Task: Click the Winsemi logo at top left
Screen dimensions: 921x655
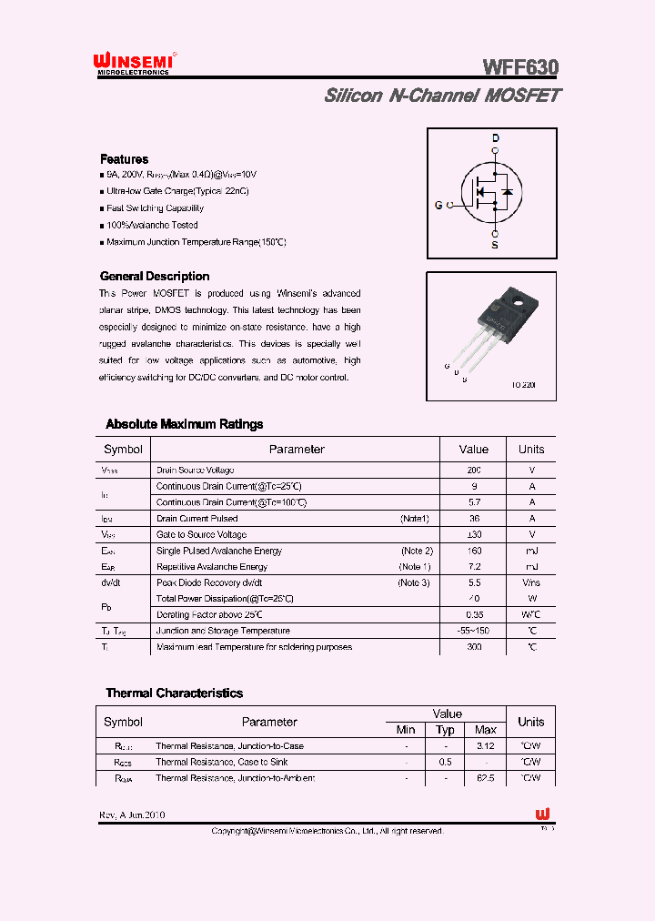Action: (x=133, y=63)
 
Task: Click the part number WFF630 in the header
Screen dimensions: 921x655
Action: (x=520, y=67)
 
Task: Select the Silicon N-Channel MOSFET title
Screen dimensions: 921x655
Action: (x=442, y=96)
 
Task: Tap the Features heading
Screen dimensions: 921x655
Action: (x=124, y=159)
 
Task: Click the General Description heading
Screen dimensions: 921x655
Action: (x=154, y=277)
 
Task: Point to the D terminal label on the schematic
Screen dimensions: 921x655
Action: (x=495, y=138)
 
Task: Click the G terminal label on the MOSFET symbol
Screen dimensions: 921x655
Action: (x=438, y=206)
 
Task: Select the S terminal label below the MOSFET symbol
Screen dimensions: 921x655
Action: (x=495, y=245)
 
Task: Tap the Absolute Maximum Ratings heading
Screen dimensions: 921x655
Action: (x=184, y=424)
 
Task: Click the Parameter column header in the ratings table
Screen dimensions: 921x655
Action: (x=296, y=450)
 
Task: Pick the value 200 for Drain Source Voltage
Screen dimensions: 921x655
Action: (x=473, y=471)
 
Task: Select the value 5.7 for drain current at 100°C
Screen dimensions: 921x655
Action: (x=473, y=502)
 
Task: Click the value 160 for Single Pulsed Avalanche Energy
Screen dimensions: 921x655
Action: (x=473, y=551)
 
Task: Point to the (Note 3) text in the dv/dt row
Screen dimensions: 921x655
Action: (x=414, y=582)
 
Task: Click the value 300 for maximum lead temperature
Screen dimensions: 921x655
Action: (x=473, y=647)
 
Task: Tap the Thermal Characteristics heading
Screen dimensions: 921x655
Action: (x=174, y=693)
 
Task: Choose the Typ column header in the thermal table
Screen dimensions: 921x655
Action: (x=445, y=730)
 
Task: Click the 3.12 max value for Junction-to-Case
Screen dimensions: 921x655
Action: (x=486, y=746)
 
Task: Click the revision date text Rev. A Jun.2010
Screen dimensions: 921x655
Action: (x=132, y=815)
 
